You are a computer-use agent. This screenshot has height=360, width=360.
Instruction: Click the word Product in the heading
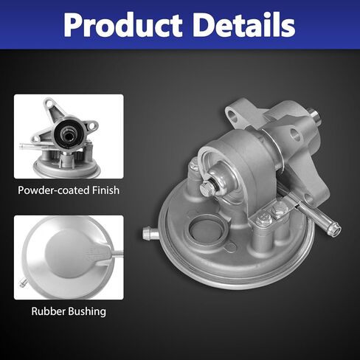click(x=122, y=24)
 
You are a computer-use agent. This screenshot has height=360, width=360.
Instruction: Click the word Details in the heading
click(x=244, y=24)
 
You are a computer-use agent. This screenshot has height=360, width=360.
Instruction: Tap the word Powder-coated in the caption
click(x=54, y=190)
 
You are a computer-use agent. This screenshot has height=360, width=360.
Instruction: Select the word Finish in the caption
click(x=106, y=190)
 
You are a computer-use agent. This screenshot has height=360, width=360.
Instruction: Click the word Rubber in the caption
click(x=49, y=311)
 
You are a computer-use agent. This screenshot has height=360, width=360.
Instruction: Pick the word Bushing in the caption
click(x=87, y=312)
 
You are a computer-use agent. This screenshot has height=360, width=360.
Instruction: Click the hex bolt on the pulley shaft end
click(x=206, y=189)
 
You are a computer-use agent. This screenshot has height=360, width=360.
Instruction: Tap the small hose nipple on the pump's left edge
click(x=150, y=232)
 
